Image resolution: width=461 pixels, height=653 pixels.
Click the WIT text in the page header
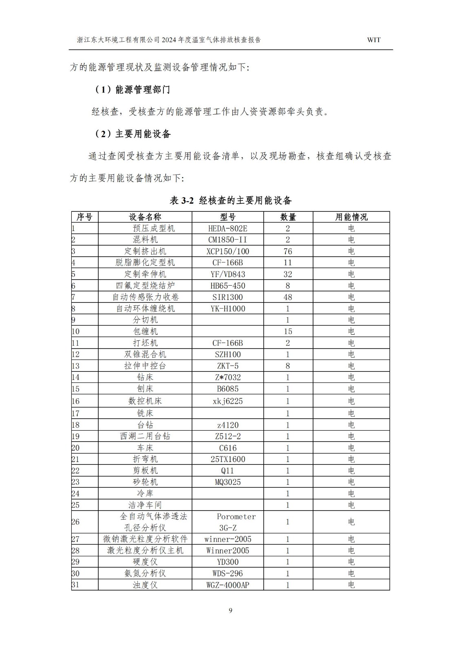(373, 40)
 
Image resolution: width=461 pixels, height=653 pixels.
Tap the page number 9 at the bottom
(230, 610)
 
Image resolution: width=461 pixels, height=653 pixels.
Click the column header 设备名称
(145, 217)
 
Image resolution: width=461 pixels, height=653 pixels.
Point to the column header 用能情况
(351, 217)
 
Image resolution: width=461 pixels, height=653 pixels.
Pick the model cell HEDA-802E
(227, 229)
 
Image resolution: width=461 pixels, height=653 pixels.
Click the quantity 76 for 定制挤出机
(287, 251)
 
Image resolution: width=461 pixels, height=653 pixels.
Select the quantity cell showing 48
(287, 297)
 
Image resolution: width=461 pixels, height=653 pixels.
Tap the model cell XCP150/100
(227, 251)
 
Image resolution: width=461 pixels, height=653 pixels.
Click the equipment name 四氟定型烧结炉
(145, 286)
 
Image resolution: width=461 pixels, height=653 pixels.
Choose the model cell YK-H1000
(227, 309)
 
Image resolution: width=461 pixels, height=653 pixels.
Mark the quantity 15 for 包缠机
(287, 331)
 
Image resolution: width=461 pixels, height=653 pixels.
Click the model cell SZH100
(227, 354)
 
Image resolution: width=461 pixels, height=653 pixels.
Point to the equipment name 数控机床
(145, 401)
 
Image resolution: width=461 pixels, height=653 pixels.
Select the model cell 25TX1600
(227, 459)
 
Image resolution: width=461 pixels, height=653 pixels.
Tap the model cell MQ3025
(227, 482)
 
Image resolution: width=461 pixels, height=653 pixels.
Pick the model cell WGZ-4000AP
(227, 585)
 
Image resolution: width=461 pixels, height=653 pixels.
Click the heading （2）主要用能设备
(132, 134)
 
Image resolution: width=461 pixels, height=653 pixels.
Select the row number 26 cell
(76, 522)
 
